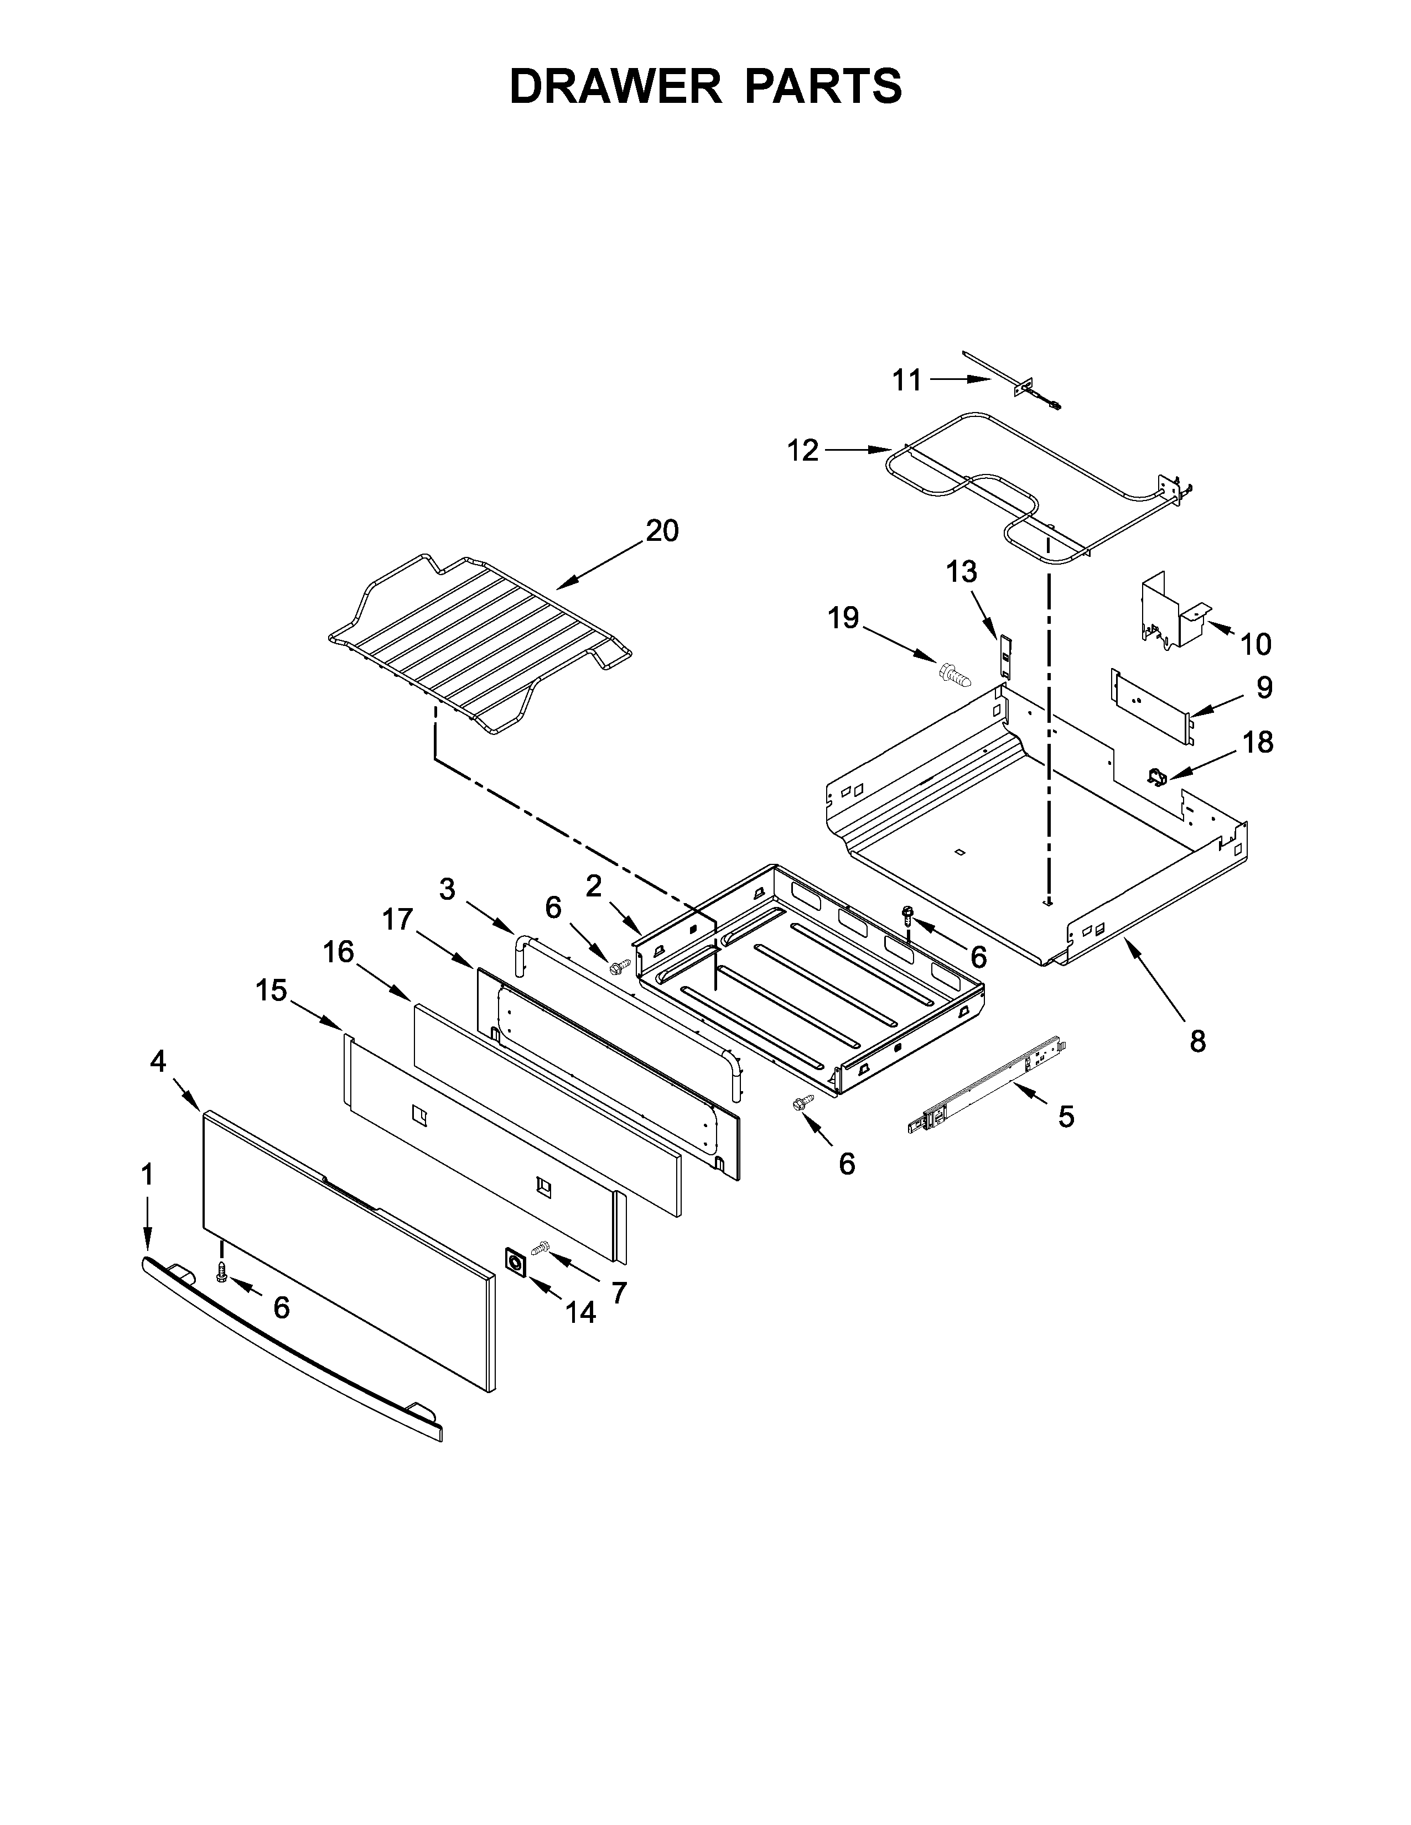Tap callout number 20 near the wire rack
[x=662, y=530]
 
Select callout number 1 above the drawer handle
[x=147, y=1174]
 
